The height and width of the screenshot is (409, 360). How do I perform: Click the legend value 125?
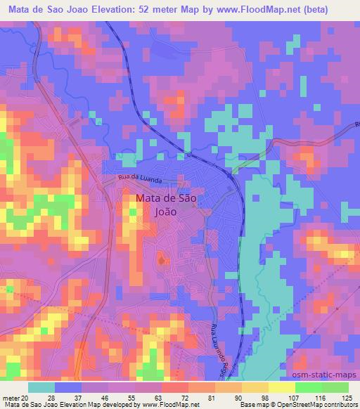pyautogui.click(x=345, y=397)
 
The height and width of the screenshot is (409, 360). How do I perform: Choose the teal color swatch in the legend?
pyautogui.click(x=41, y=387)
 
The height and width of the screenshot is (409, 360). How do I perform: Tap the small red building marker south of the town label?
pyautogui.click(x=163, y=261)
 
